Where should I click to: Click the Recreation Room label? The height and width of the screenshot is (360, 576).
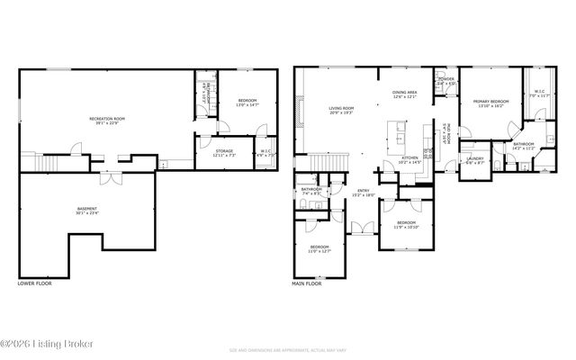coord(106,121)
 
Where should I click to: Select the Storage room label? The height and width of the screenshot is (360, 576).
coord(223,153)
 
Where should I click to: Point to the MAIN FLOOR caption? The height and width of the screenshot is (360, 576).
coord(307,283)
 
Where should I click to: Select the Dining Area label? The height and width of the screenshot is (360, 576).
coord(405,94)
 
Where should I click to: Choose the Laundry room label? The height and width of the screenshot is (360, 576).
coord(475,160)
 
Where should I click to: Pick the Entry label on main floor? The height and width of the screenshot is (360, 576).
coord(364,193)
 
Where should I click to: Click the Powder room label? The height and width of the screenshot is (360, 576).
coord(445,81)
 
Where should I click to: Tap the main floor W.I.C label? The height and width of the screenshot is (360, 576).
coord(539,93)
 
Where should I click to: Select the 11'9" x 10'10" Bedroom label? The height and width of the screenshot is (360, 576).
coord(406,224)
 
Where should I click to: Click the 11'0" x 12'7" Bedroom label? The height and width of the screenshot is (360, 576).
coord(319,249)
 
